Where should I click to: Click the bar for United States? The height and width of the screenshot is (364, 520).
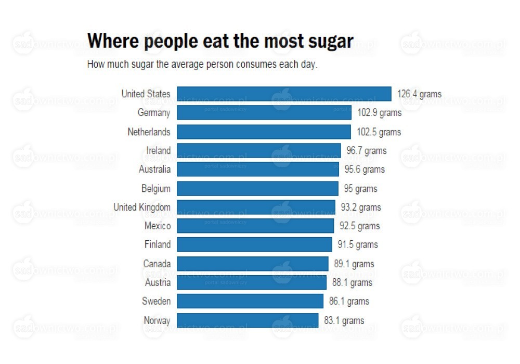[x=284, y=94]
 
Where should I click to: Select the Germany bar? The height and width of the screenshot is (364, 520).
[x=264, y=113]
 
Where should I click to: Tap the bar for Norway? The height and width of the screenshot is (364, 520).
[x=248, y=320]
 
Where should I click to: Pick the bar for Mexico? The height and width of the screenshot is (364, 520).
[x=255, y=226]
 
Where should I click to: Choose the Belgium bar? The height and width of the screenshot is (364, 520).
[x=257, y=188]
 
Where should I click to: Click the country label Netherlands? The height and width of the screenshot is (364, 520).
[x=149, y=132]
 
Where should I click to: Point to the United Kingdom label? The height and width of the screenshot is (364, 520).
[x=142, y=207]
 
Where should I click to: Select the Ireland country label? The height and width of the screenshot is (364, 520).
[x=158, y=151]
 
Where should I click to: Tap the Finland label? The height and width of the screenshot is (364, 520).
[x=157, y=244]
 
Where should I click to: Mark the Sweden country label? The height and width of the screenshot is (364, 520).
[x=156, y=301]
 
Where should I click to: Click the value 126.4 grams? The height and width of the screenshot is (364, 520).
[x=419, y=94]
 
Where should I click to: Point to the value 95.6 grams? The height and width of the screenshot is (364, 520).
[x=365, y=170]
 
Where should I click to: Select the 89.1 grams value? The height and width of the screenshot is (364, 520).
[x=354, y=264]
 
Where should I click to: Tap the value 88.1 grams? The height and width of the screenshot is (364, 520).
[x=352, y=282]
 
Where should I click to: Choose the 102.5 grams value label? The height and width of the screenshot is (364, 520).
[x=379, y=132]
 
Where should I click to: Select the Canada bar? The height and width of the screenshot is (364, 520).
[x=253, y=264]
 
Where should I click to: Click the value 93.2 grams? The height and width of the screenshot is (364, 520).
[x=361, y=207]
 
